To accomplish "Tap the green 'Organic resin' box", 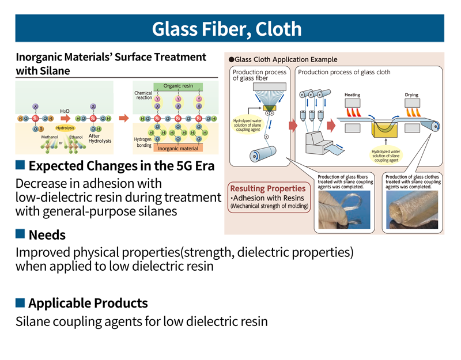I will [178, 86].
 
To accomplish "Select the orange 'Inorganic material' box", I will [177, 149].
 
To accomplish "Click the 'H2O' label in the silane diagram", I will [66, 110].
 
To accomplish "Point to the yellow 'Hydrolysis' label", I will [66, 127].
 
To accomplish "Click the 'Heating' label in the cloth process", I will [353, 94].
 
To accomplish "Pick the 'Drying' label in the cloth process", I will [411, 94].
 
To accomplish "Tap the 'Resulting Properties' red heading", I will [267, 188].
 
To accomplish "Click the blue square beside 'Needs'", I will [20, 234].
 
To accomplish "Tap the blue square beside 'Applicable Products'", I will [20, 302].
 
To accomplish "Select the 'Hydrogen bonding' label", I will [142, 142].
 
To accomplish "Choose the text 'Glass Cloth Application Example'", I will [286, 59].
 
